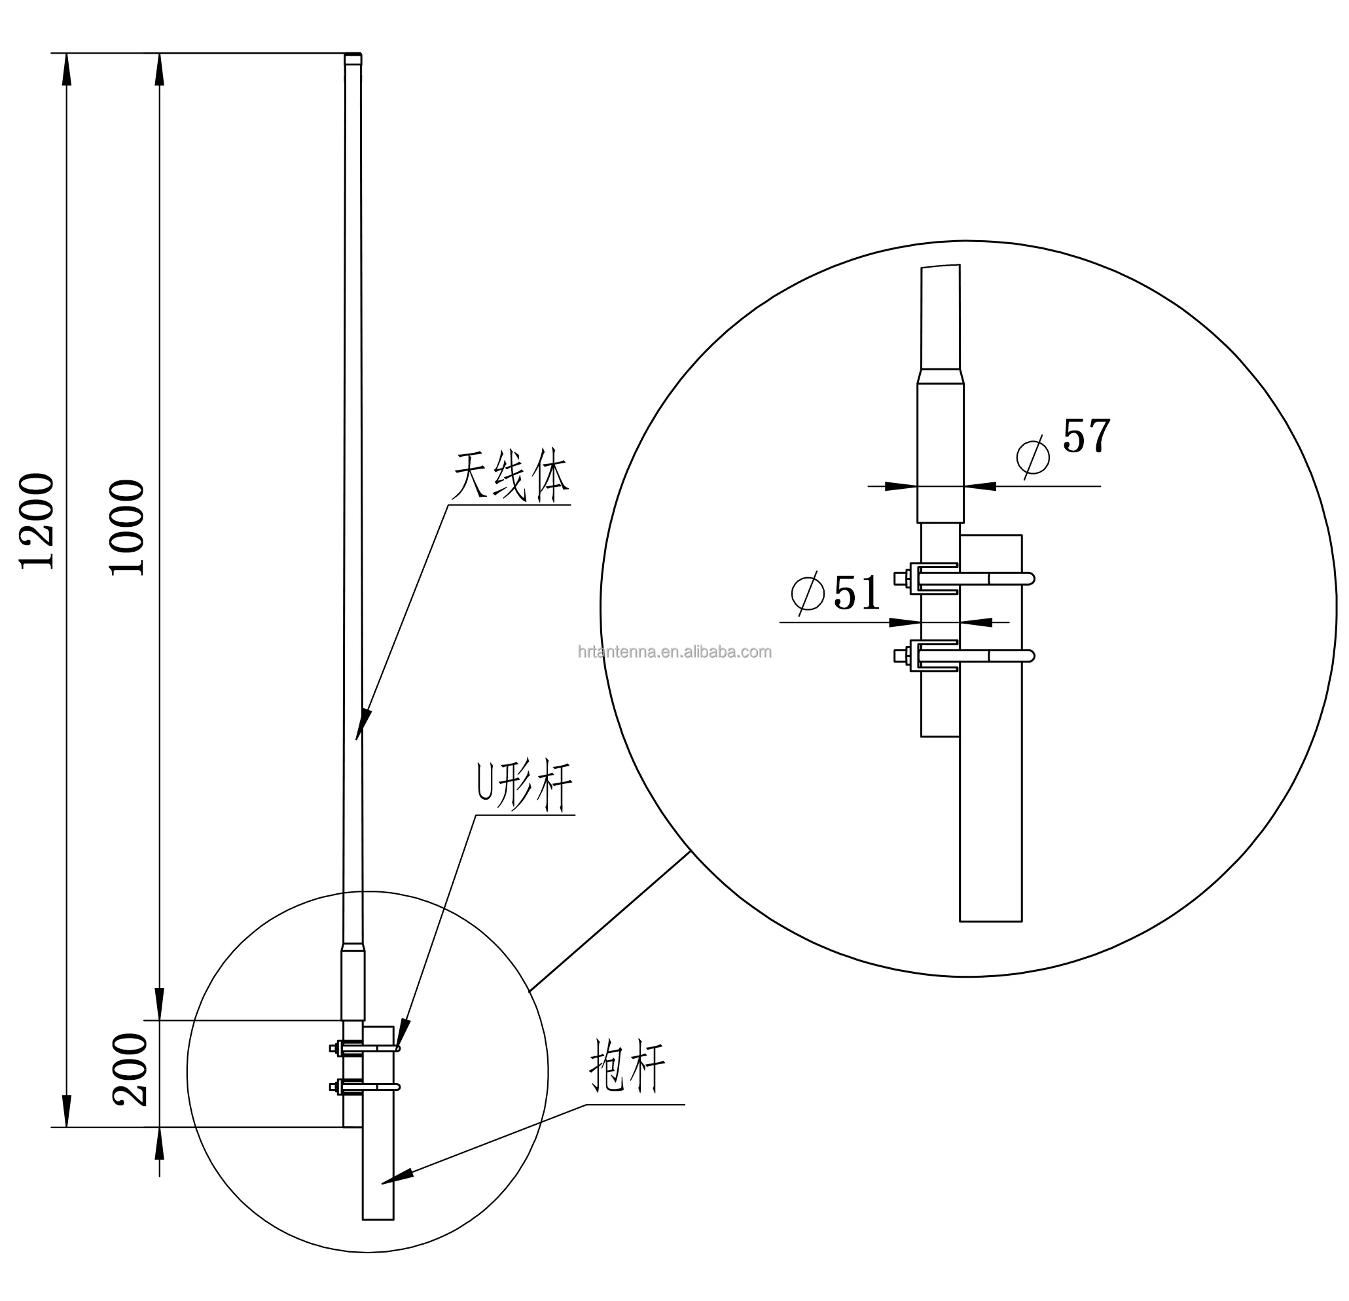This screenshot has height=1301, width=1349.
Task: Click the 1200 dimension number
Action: click(37, 521)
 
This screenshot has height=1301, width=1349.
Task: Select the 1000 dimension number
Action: click(128, 527)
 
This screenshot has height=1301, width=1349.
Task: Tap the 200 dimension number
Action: click(130, 1070)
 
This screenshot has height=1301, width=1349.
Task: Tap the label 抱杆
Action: click(627, 1065)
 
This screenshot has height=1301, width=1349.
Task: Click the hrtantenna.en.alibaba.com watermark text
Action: click(674, 652)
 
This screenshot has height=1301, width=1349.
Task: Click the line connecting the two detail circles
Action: click(609, 922)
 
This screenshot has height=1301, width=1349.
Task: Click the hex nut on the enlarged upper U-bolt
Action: click(899, 579)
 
